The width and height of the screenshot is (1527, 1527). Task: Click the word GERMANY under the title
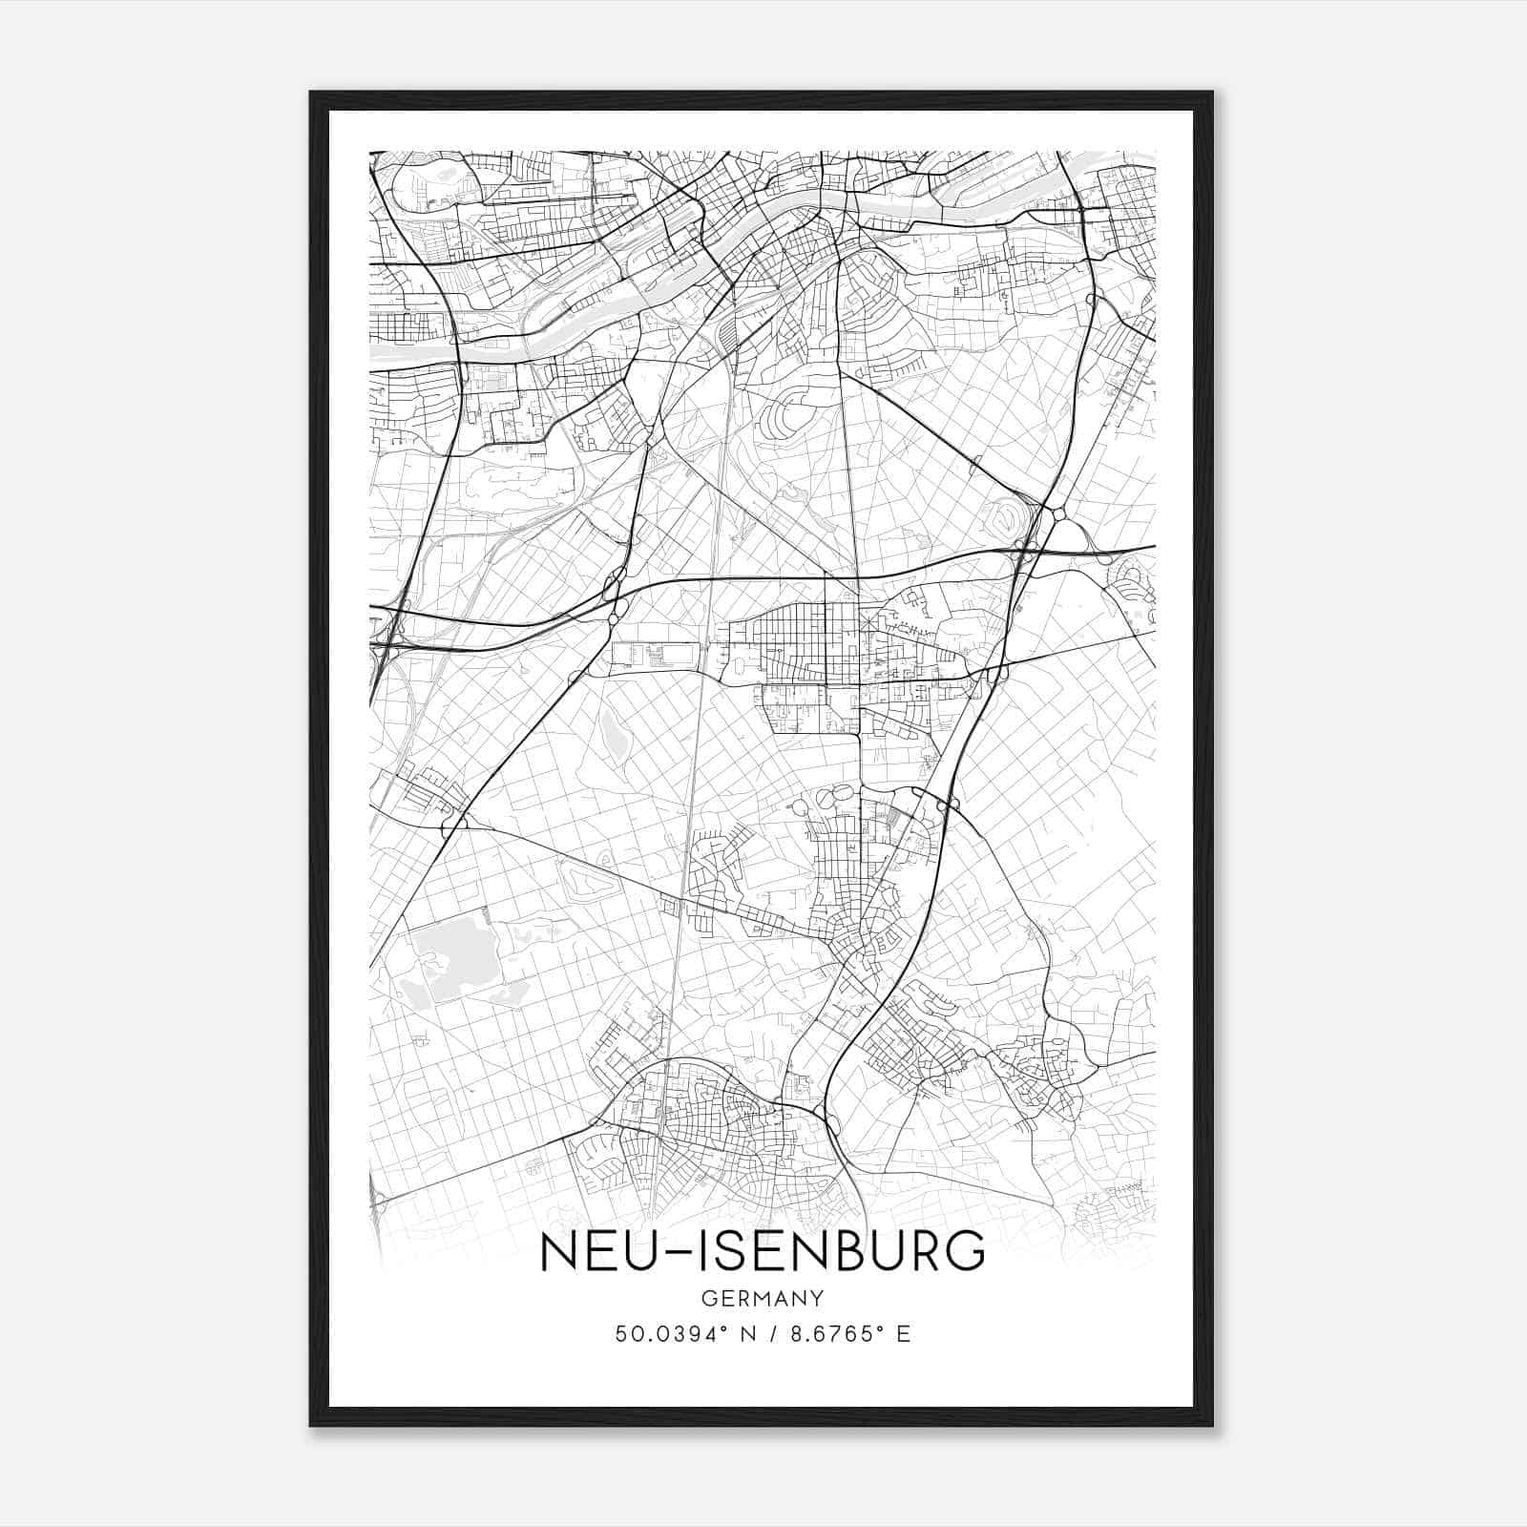(763, 1298)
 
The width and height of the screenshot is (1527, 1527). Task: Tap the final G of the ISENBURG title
(967, 1252)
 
